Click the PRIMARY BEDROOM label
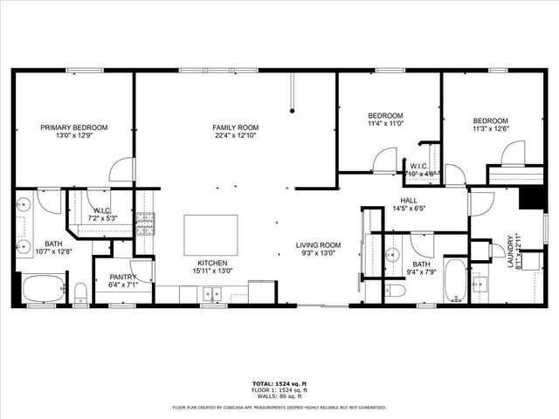pyautogui.click(x=73, y=127)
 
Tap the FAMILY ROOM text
pyautogui.click(x=236, y=127)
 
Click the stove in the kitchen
pyautogui.click(x=145, y=223)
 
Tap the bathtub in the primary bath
pyautogui.click(x=43, y=287)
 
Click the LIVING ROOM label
pyautogui.click(x=316, y=245)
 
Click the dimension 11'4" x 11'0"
pyautogui.click(x=385, y=124)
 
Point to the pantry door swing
pyautogui.click(x=143, y=271)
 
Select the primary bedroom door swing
pyautogui.click(x=123, y=169)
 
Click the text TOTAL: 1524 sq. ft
pyautogui.click(x=279, y=384)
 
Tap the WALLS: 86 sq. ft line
pyautogui.click(x=279, y=397)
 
